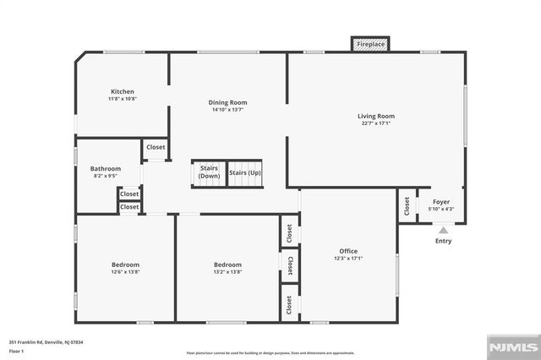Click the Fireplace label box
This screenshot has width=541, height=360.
tap(370, 44)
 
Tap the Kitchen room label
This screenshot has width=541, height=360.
tap(122, 91)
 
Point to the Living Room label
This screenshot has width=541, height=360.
tap(375, 116)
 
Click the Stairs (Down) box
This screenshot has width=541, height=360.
tap(209, 172)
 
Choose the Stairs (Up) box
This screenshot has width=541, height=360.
tap(245, 172)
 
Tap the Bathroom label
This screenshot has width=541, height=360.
tap(106, 168)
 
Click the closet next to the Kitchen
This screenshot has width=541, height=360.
tap(156, 147)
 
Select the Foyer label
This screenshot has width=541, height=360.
tap(441, 202)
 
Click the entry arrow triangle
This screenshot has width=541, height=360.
tap(443, 229)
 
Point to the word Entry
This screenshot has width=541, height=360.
tap(443, 241)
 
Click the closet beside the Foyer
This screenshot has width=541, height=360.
tap(407, 205)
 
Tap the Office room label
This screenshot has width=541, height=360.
tap(348, 251)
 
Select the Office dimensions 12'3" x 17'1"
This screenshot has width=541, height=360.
tap(348, 259)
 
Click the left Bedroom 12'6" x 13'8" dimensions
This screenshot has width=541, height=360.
tap(124, 272)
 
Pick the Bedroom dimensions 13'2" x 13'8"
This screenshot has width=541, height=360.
tap(227, 272)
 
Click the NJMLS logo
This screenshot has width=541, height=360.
tap(511, 347)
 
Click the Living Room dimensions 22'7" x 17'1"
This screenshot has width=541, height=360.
tap(375, 123)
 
